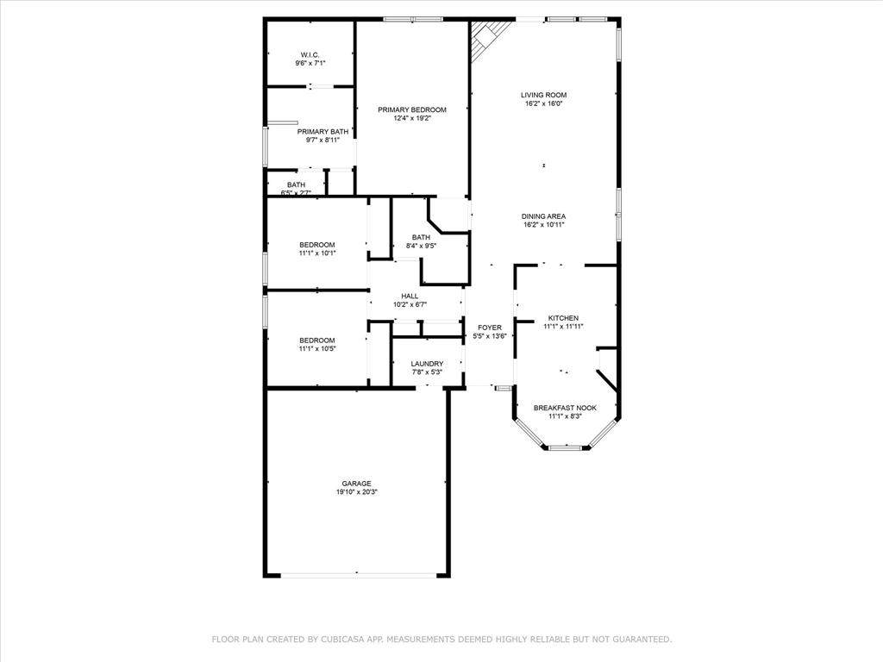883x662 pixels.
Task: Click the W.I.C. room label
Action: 310,54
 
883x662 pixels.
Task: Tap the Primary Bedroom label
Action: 412,109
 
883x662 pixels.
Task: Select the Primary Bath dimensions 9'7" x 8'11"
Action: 323,140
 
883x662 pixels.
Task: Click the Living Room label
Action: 543,95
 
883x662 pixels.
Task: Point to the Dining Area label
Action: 543,216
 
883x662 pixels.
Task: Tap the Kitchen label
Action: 563,318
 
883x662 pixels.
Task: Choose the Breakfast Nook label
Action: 565,408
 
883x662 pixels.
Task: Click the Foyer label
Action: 490,328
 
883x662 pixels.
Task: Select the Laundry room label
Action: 427,364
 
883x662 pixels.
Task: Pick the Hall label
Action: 410,296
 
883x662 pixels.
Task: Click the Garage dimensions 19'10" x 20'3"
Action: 356,492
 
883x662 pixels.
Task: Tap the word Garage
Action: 356,484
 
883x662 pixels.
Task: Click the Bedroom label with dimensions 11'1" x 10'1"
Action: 316,245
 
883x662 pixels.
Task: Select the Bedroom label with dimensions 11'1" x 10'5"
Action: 316,340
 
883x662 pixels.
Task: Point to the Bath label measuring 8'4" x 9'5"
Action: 421,237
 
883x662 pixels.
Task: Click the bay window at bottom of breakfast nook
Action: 565,448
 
